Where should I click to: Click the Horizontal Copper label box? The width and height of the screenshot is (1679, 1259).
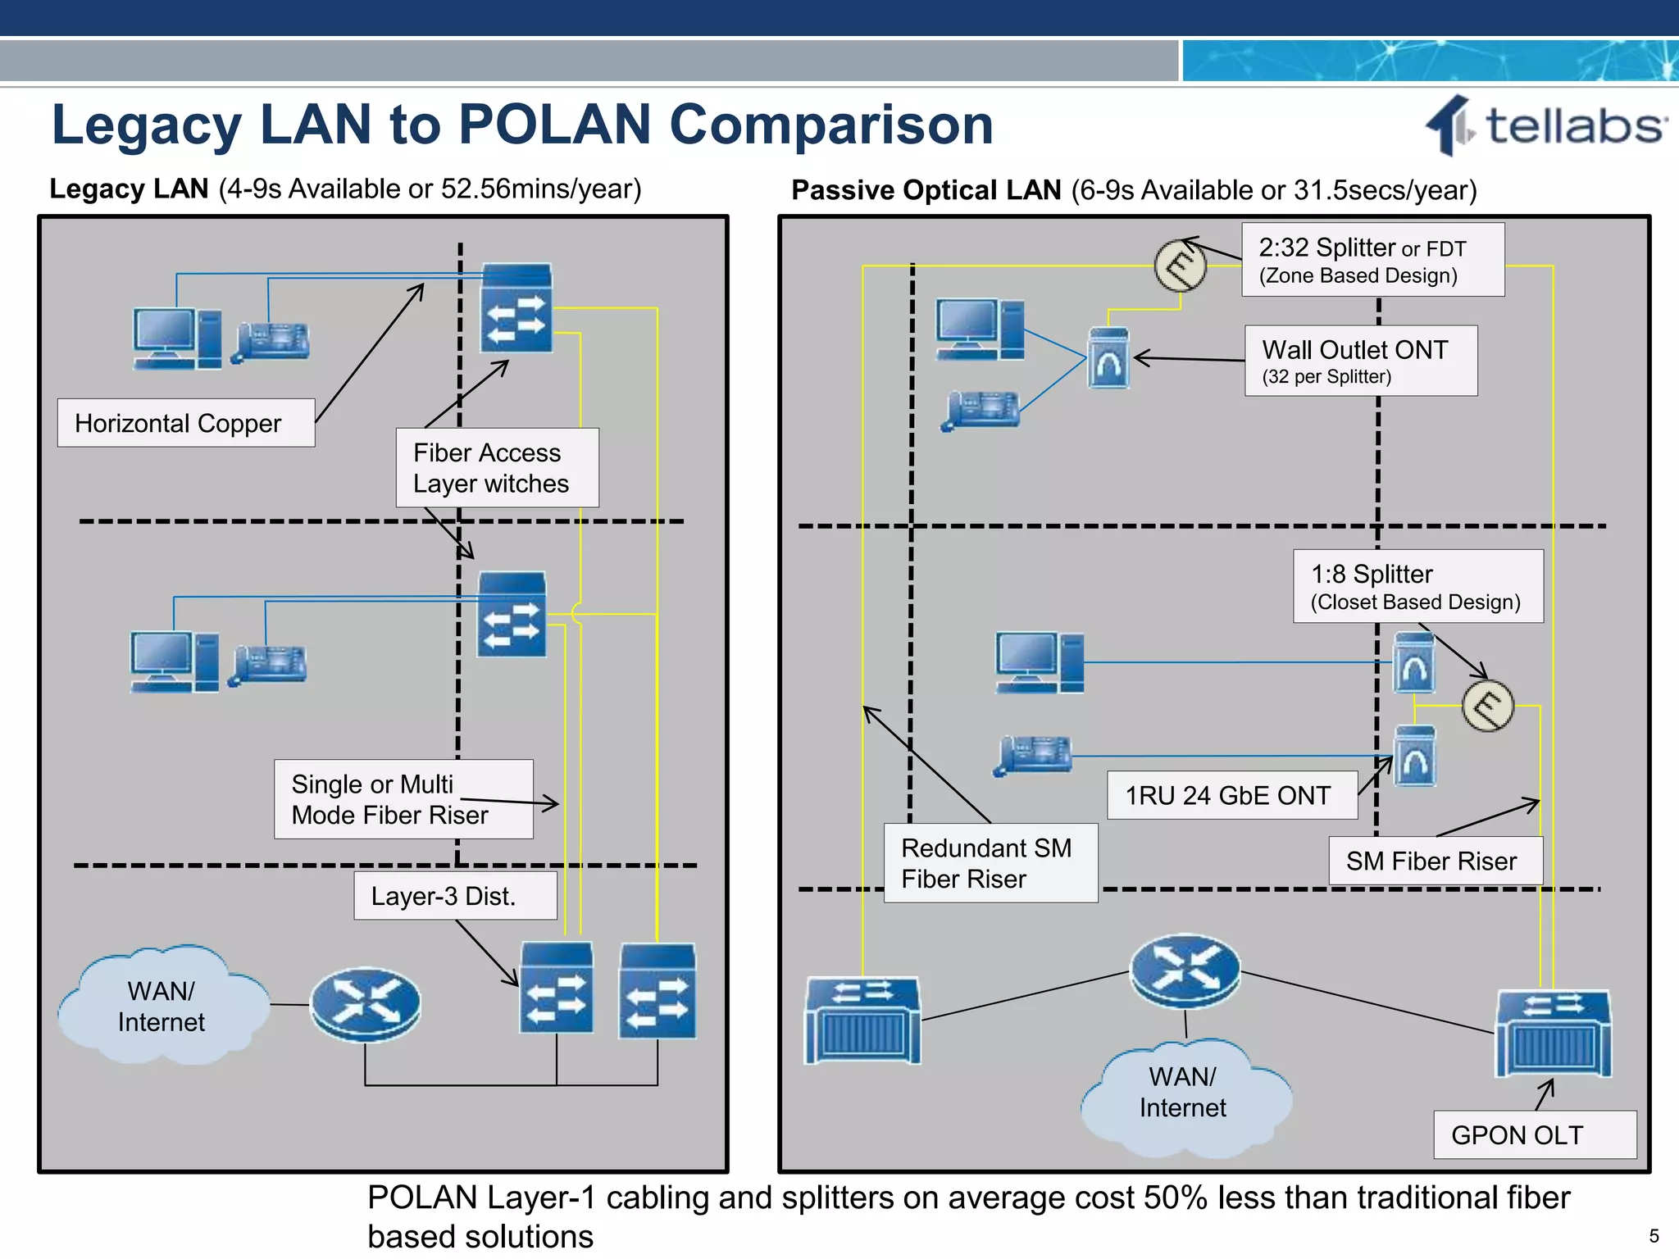coord(186,423)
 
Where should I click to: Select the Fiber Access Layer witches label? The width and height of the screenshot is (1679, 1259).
coord(497,468)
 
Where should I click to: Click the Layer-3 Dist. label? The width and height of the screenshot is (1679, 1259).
coord(455,896)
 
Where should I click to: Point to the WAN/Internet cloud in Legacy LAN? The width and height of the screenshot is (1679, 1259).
coord(162,1007)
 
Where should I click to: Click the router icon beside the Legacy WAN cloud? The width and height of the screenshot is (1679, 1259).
coord(366,1004)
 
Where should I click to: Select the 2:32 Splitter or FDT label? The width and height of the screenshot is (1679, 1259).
coord(1372,260)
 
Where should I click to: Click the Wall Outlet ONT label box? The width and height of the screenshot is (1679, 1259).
coord(1360,361)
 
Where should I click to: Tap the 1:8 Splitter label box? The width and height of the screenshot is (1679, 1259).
coord(1417,586)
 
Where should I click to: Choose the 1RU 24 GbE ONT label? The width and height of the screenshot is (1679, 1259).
coord(1231,795)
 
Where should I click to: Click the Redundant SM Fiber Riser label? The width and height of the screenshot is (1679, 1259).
coord(990,863)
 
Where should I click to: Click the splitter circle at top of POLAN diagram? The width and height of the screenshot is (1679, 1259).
coord(1181,266)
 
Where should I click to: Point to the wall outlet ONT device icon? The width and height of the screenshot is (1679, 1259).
coord(1108,359)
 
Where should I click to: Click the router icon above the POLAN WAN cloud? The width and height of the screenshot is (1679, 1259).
coord(1185,971)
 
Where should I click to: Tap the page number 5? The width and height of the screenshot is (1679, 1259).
coord(1654,1236)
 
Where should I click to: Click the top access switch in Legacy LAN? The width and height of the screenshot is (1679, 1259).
coord(516,308)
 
